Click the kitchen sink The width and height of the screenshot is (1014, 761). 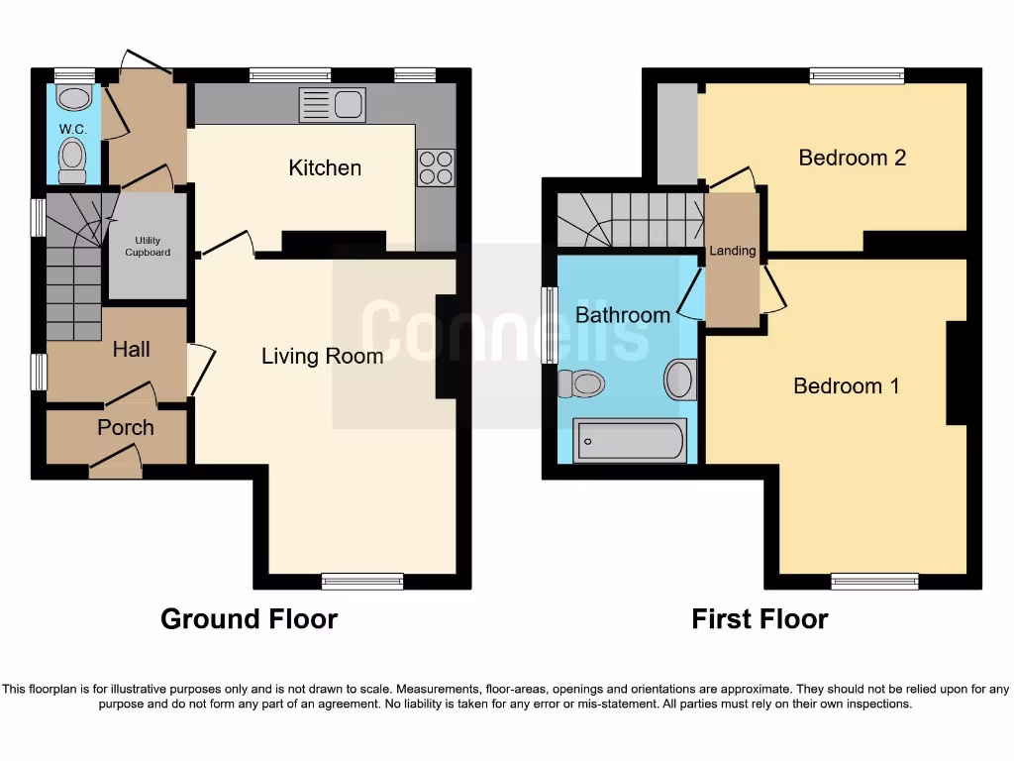coord(333,105)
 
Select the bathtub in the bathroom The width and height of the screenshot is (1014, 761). coord(630,439)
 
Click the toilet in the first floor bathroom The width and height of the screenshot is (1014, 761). coord(581,383)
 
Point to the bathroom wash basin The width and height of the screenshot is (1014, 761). coord(680,380)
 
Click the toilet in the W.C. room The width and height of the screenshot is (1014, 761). coord(72,159)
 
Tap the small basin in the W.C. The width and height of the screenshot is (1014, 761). coord(73,97)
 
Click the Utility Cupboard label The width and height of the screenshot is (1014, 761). coord(147,246)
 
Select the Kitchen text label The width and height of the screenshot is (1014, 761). coord(325,167)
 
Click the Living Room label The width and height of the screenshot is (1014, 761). coord(322,356)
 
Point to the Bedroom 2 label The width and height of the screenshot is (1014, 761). coord(852,158)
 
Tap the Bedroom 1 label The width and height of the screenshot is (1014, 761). coord(846,385)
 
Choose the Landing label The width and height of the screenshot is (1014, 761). coord(732,251)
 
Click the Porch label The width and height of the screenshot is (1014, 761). coord(125,427)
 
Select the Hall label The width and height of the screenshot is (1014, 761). coord(131,349)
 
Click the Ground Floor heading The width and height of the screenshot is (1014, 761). coord(249,619)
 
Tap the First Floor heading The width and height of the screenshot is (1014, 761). coord(759,619)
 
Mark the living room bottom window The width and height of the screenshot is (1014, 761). coord(362,582)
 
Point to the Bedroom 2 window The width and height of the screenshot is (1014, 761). coord(857,75)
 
